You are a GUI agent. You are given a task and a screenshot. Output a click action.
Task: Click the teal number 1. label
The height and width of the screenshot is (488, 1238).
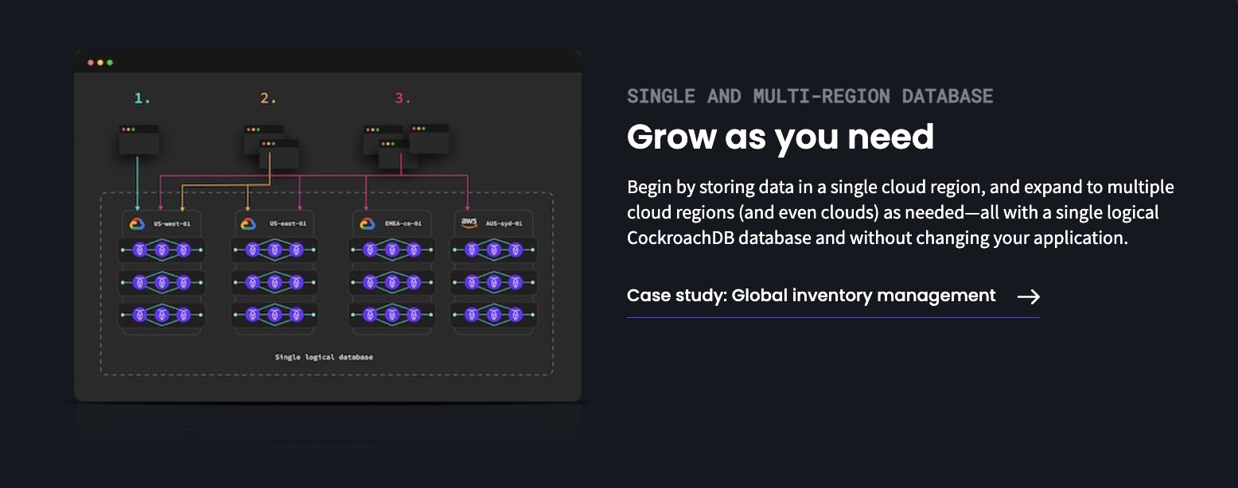coord(142,99)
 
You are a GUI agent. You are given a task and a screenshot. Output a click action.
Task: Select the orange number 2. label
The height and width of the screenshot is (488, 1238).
coord(268,99)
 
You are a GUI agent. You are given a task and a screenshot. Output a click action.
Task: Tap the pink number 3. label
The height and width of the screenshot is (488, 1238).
coord(403,99)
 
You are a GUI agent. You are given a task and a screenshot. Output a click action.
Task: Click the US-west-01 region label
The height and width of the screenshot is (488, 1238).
coord(172,223)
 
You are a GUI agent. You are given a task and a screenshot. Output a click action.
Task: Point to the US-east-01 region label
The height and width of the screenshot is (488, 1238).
coord(287,223)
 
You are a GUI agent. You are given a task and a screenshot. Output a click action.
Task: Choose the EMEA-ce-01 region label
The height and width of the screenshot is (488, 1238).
coord(403,223)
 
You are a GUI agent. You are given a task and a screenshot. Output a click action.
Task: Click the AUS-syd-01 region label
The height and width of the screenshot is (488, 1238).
coord(504,223)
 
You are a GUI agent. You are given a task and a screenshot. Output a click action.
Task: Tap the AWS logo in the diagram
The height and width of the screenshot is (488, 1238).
coord(469,223)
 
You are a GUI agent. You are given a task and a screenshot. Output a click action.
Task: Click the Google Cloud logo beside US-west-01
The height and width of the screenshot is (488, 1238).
coord(137,223)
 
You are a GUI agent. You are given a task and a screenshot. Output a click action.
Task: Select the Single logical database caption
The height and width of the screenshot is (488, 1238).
coord(324,357)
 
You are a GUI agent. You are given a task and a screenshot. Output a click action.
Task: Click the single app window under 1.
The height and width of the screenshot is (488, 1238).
coord(138,140)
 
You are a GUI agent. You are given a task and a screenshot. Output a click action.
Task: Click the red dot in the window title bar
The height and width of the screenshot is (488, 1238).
coord(91,62)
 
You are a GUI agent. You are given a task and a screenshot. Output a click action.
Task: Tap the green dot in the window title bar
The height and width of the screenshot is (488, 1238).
coord(110,62)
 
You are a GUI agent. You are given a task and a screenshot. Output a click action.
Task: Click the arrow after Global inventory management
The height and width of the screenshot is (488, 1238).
coord(1029,297)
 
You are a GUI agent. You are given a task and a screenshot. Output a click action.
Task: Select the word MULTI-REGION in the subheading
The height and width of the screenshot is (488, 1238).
coord(821,96)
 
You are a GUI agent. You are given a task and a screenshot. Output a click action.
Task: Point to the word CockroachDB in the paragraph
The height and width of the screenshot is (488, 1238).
coord(680,238)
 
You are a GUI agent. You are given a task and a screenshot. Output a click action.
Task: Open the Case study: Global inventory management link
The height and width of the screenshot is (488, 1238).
coord(811,296)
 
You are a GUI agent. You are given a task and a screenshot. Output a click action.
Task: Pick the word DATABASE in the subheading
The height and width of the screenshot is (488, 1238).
coord(948,96)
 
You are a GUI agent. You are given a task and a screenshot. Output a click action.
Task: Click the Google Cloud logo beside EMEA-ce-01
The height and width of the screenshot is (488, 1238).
coord(368,223)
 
